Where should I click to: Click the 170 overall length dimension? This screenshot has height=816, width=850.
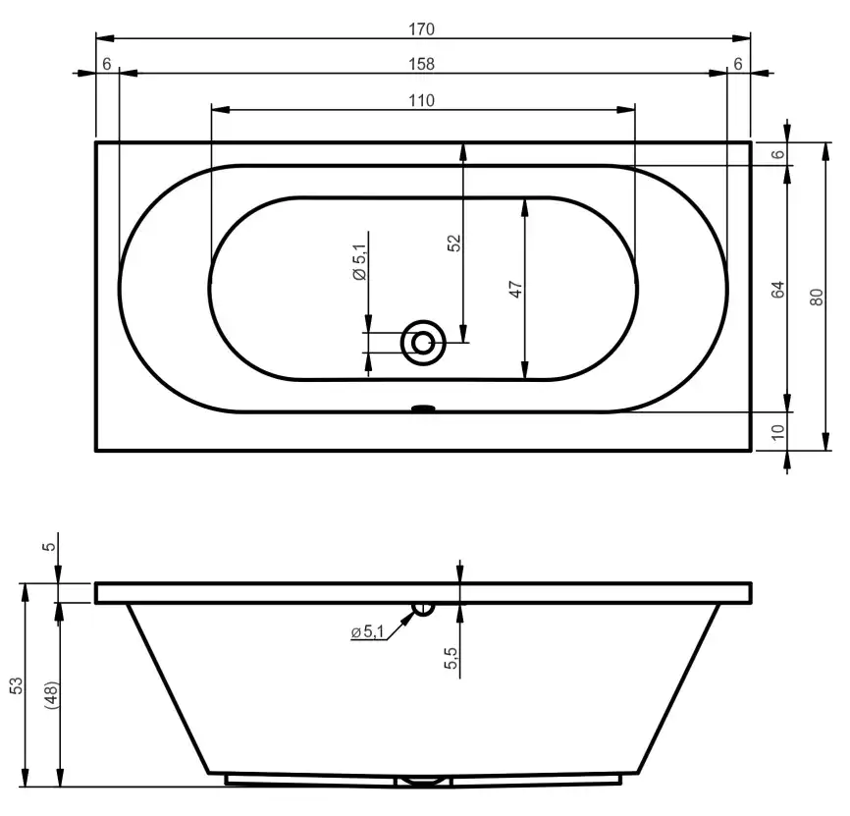click(x=422, y=29)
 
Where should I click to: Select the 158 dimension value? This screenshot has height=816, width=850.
click(x=422, y=64)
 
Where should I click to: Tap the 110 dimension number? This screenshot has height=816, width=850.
click(x=422, y=99)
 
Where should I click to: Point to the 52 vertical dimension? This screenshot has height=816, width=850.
click(x=453, y=243)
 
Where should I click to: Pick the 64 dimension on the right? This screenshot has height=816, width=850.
click(x=777, y=290)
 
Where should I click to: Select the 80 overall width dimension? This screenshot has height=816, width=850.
click(x=815, y=297)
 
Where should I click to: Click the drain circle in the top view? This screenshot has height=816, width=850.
click(x=423, y=343)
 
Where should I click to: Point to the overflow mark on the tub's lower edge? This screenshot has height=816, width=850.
click(x=423, y=408)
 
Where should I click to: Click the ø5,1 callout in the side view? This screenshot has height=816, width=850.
click(x=367, y=632)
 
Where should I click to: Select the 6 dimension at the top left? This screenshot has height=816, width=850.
click(x=106, y=64)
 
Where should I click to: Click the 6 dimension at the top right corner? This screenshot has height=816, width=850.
click(x=737, y=64)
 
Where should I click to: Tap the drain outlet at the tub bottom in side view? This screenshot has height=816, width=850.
click(x=423, y=781)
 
